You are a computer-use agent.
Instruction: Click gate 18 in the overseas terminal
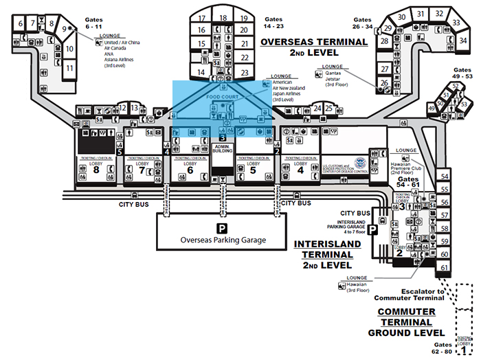(x=223, y=18)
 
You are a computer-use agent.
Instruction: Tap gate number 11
(x=69, y=69)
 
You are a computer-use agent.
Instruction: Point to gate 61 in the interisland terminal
(x=445, y=267)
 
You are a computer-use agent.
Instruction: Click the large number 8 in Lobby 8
(x=96, y=172)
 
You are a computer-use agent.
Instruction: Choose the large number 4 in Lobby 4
(x=300, y=172)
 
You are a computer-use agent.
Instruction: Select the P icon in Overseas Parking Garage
(x=222, y=227)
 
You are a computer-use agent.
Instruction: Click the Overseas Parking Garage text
(x=222, y=240)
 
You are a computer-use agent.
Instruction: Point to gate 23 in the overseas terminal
(x=244, y=72)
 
